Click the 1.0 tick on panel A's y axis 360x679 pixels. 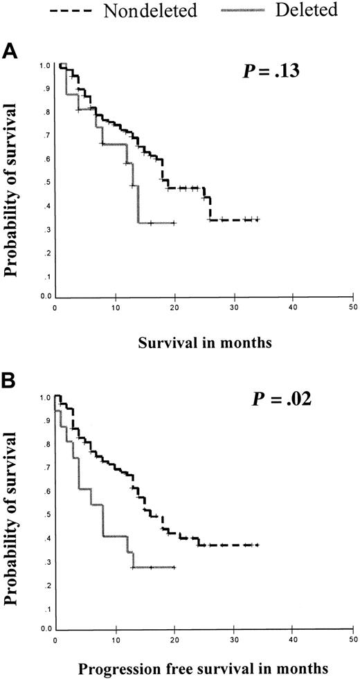pyautogui.click(x=44, y=66)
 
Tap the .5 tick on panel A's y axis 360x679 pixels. pyautogui.click(x=46, y=183)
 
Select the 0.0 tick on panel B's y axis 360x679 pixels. pyautogui.click(x=44, y=628)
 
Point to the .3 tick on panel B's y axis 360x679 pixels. pyautogui.click(x=46, y=561)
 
